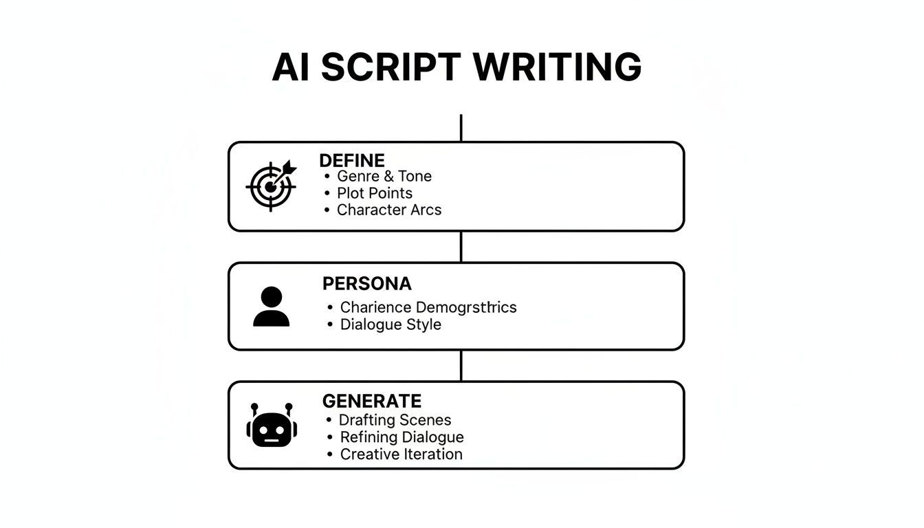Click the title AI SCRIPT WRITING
[456, 67]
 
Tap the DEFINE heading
[351, 160]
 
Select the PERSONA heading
[366, 283]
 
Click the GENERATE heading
[371, 401]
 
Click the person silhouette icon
[271, 307]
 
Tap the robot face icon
[272, 426]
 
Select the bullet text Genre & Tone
[384, 176]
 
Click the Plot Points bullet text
[374, 193]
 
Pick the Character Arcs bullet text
[388, 210]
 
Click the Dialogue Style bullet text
[390, 324]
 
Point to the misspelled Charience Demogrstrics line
[428, 307]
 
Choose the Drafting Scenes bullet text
[395, 420]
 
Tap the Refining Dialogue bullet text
[401, 437]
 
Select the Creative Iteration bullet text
[401, 454]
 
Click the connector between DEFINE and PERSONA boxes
[461, 246]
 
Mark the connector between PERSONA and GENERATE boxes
[461, 366]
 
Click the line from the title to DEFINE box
[461, 128]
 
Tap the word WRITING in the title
[557, 67]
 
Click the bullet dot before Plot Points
[327, 193]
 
